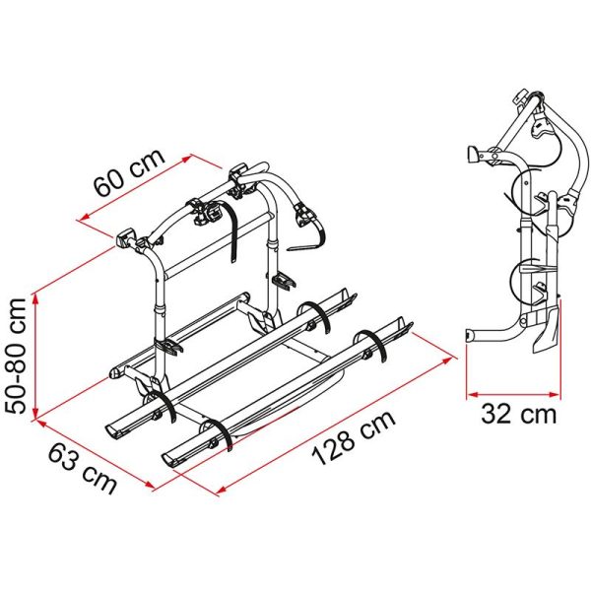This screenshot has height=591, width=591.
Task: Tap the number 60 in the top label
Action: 107,192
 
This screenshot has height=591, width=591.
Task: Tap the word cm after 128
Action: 378,425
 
